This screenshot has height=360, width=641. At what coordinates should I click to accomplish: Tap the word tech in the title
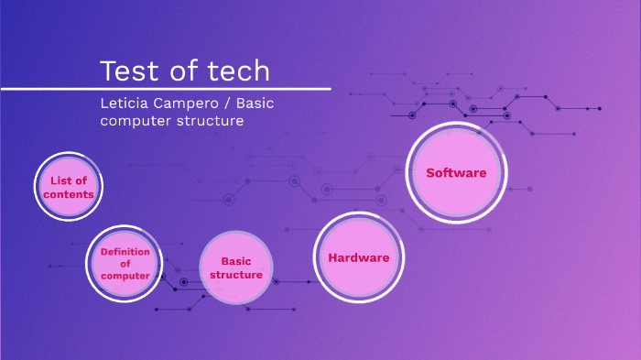237,71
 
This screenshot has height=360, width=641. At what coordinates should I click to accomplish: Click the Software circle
456,172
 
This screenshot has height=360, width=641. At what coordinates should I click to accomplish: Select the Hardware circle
358,257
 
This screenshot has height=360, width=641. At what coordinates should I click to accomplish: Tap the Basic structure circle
236,267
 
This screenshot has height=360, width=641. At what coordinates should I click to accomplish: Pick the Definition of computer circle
124,264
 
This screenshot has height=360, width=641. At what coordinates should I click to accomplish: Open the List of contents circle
69,188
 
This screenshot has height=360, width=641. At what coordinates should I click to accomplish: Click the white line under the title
165,89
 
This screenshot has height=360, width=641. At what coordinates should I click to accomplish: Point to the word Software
456,172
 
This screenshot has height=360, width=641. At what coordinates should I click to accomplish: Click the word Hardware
358,258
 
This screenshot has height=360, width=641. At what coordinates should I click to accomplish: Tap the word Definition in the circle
125,252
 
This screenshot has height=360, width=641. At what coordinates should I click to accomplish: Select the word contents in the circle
69,194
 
